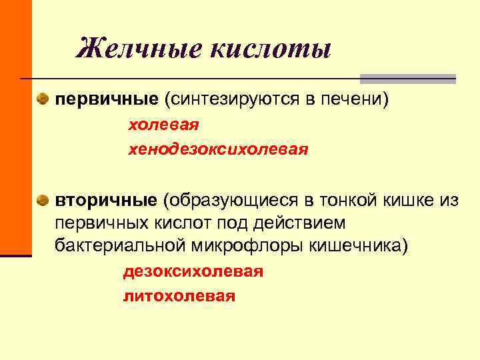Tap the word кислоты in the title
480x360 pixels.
[271, 49]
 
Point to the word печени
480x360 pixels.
[351, 99]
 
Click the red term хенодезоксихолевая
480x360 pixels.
[218, 149]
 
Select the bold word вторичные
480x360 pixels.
[106, 200]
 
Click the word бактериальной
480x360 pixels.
[121, 244]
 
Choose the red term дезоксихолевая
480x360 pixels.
[193, 272]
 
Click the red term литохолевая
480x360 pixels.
[179, 296]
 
